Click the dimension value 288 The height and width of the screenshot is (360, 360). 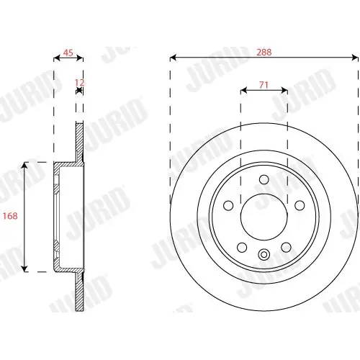click(x=264, y=52)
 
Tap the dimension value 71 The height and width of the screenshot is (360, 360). click(x=264, y=85)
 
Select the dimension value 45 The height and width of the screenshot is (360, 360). click(x=68, y=53)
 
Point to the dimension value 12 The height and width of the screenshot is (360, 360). click(x=79, y=83)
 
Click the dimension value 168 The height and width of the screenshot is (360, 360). click(x=10, y=216)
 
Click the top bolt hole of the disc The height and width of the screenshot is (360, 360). click(x=264, y=179)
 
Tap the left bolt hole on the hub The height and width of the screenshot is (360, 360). click(x=228, y=205)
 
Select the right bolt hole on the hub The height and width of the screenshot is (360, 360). click(x=300, y=205)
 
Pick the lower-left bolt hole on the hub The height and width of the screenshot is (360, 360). click(x=242, y=248)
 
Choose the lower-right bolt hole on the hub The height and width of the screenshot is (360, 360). click(x=286, y=248)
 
